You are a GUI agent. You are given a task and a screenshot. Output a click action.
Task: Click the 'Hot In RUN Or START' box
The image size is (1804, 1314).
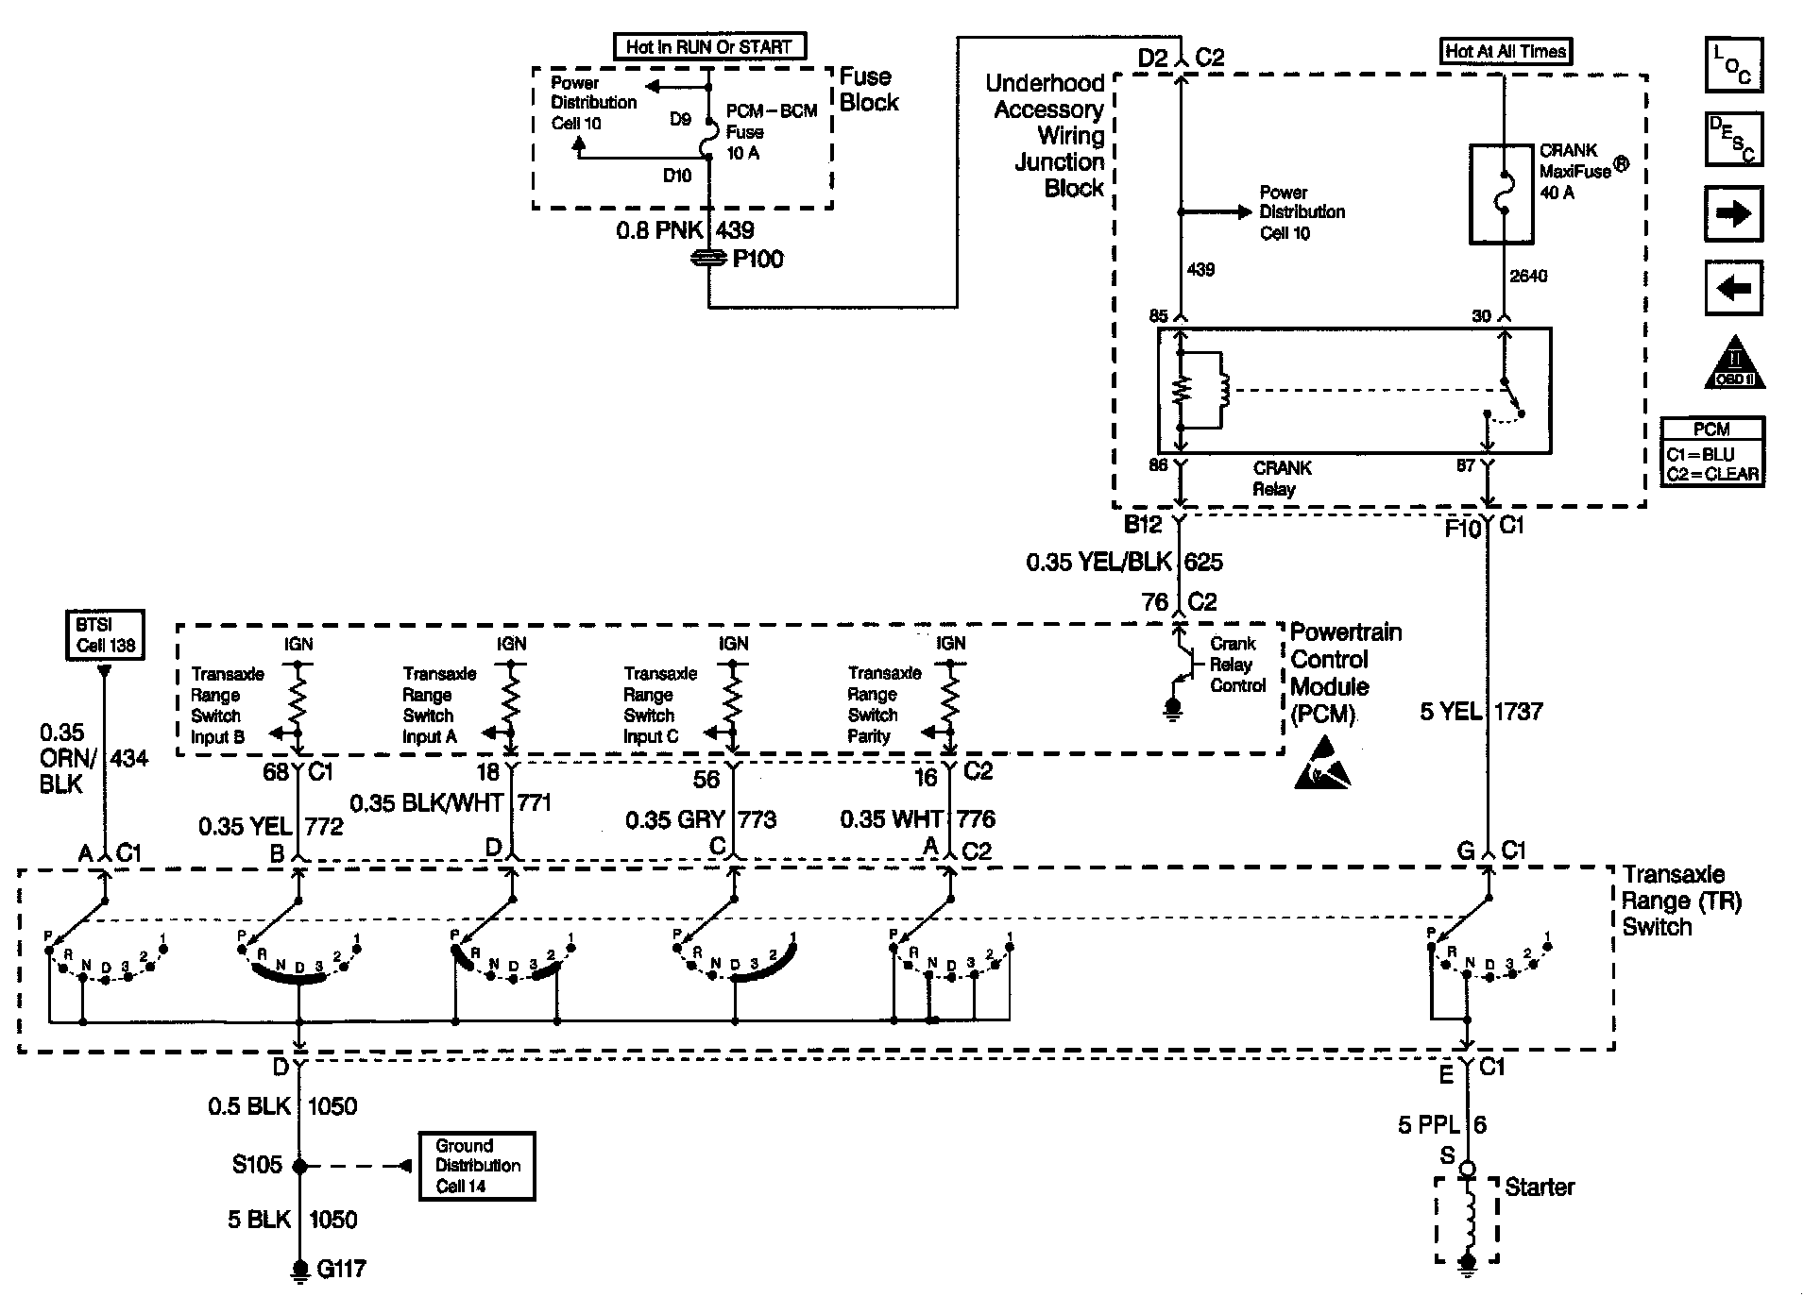coord(709,47)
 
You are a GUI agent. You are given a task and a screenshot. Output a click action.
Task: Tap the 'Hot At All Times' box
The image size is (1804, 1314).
coord(1506,51)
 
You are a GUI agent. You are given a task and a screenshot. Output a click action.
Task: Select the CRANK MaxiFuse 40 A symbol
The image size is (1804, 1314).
coord(1501,194)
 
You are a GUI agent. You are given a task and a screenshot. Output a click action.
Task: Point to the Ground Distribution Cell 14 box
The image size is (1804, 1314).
coord(477,1166)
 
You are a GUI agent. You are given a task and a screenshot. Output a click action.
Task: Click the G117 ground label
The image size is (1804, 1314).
coord(341,1270)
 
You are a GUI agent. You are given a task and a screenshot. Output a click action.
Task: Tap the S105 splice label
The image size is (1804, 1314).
coord(257,1165)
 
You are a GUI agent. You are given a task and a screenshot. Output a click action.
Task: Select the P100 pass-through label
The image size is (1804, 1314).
coord(757,259)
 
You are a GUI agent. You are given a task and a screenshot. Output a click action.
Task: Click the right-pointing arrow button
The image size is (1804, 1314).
coord(1733,214)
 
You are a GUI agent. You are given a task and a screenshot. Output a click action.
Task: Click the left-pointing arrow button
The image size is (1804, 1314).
coord(1733,288)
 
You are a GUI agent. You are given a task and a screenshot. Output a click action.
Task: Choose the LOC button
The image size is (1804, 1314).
coord(1733,65)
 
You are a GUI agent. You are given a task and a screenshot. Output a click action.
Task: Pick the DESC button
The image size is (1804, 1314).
coord(1733,139)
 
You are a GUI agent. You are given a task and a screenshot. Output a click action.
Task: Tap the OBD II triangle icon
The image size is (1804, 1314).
coord(1735,363)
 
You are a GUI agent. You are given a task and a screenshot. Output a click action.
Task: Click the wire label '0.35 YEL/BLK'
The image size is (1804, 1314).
coord(1098,563)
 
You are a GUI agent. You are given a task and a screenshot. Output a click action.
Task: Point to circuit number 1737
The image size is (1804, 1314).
coord(1518,711)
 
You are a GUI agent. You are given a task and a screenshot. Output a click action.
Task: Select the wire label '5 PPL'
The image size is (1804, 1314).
coord(1428,1124)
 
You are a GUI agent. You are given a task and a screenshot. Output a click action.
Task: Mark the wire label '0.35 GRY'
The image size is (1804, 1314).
coord(673,819)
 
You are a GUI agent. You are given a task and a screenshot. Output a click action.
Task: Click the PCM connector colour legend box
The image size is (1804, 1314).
coord(1712,452)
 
